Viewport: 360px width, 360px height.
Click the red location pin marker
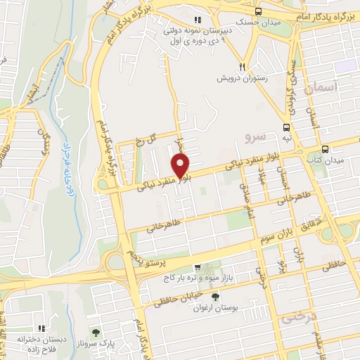[181, 166]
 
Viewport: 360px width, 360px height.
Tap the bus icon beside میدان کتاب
[325, 149]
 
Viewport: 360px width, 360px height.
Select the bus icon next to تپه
[286, 127]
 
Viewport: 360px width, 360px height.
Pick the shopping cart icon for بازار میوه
[198, 268]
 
